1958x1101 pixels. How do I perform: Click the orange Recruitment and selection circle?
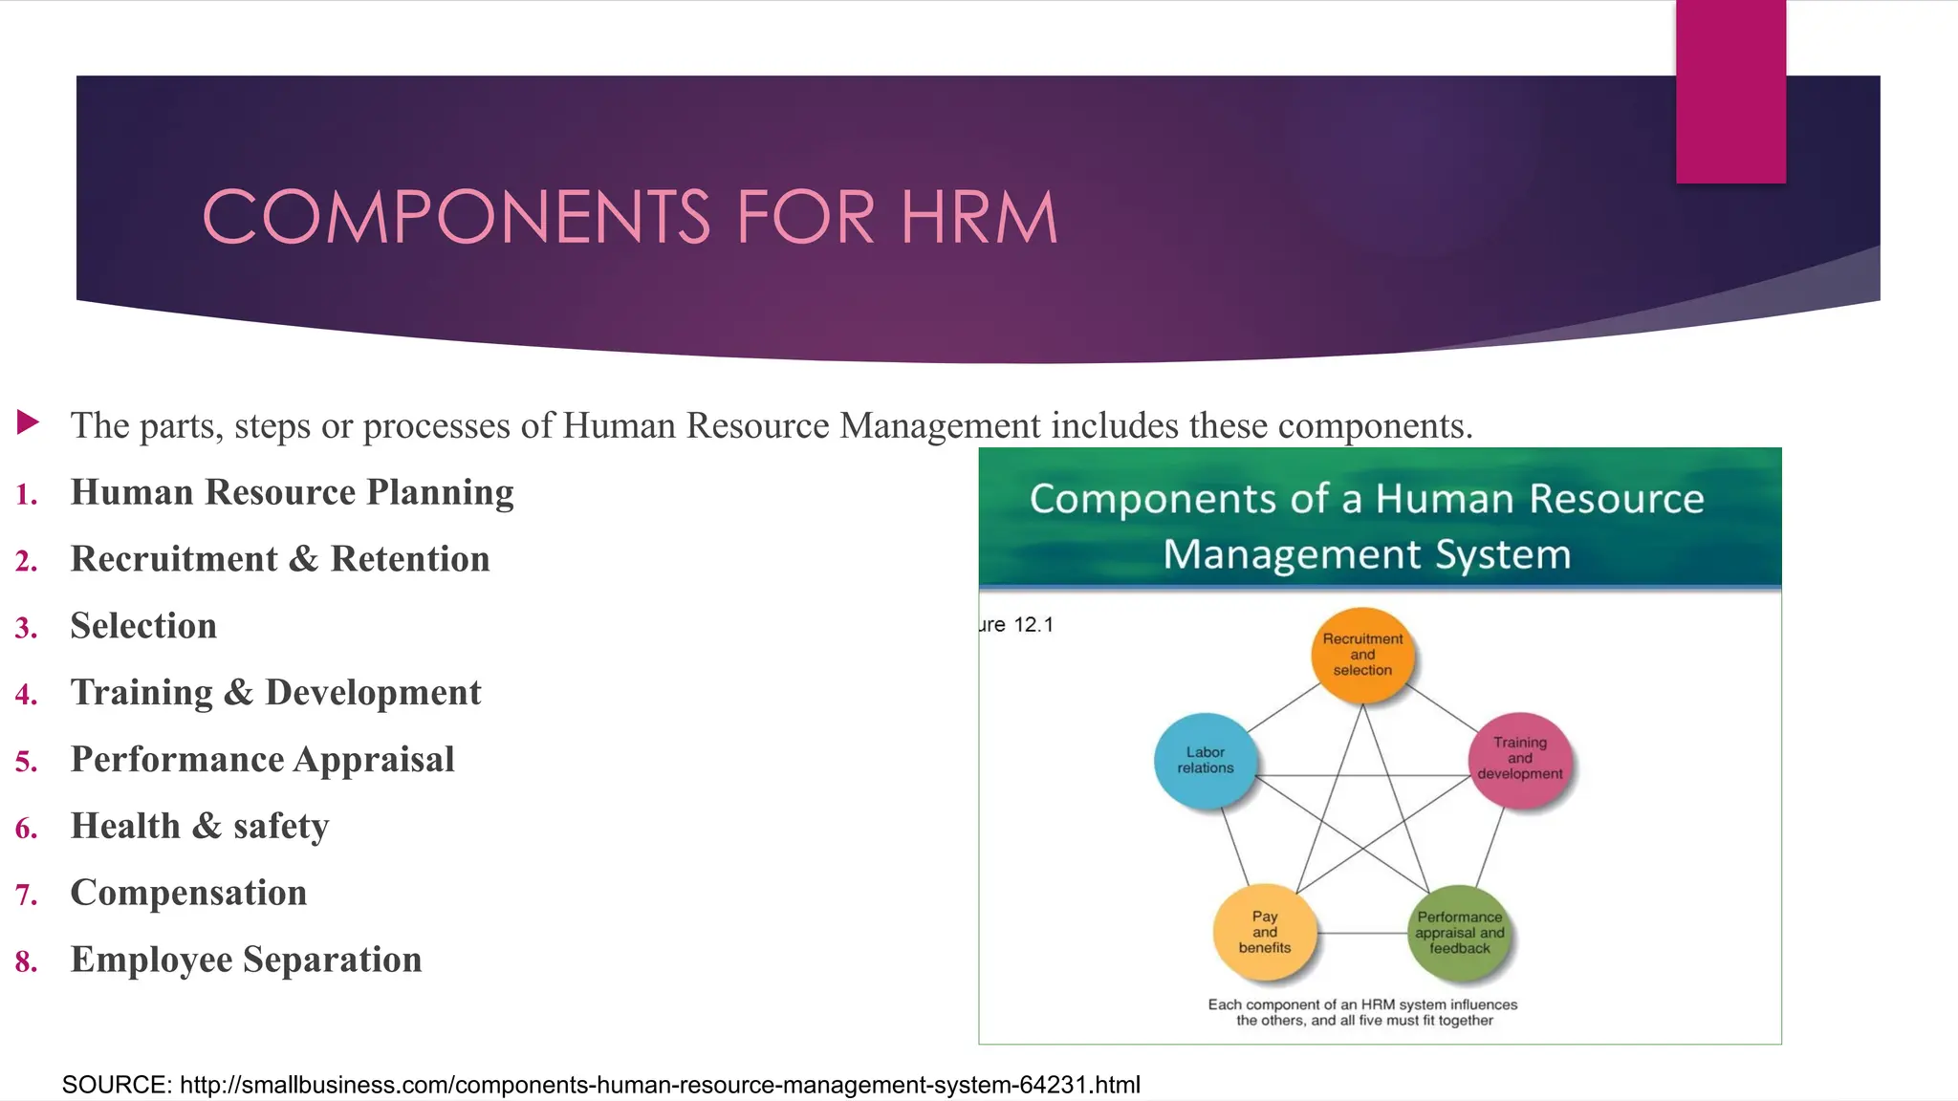point(1362,655)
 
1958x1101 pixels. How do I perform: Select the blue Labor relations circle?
point(1205,761)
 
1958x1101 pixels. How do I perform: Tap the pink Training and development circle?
point(1519,759)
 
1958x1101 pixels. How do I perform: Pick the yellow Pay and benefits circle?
point(1264,932)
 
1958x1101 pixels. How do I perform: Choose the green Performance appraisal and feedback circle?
point(1460,933)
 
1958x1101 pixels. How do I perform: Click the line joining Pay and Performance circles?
point(1362,933)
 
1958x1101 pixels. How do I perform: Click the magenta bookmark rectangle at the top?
point(1730,91)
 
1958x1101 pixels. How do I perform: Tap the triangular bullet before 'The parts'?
point(29,421)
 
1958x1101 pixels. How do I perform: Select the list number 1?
point(26,495)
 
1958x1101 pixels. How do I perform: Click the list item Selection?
point(143,626)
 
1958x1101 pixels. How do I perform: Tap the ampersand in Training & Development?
point(239,693)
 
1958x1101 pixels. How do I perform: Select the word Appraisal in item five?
point(374,760)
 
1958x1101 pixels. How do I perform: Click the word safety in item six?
point(281,827)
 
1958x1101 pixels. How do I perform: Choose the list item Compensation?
point(188,894)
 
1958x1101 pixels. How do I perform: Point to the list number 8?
point(26,961)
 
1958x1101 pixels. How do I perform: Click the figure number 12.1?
point(1033,625)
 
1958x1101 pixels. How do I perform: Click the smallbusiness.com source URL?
point(660,1085)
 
